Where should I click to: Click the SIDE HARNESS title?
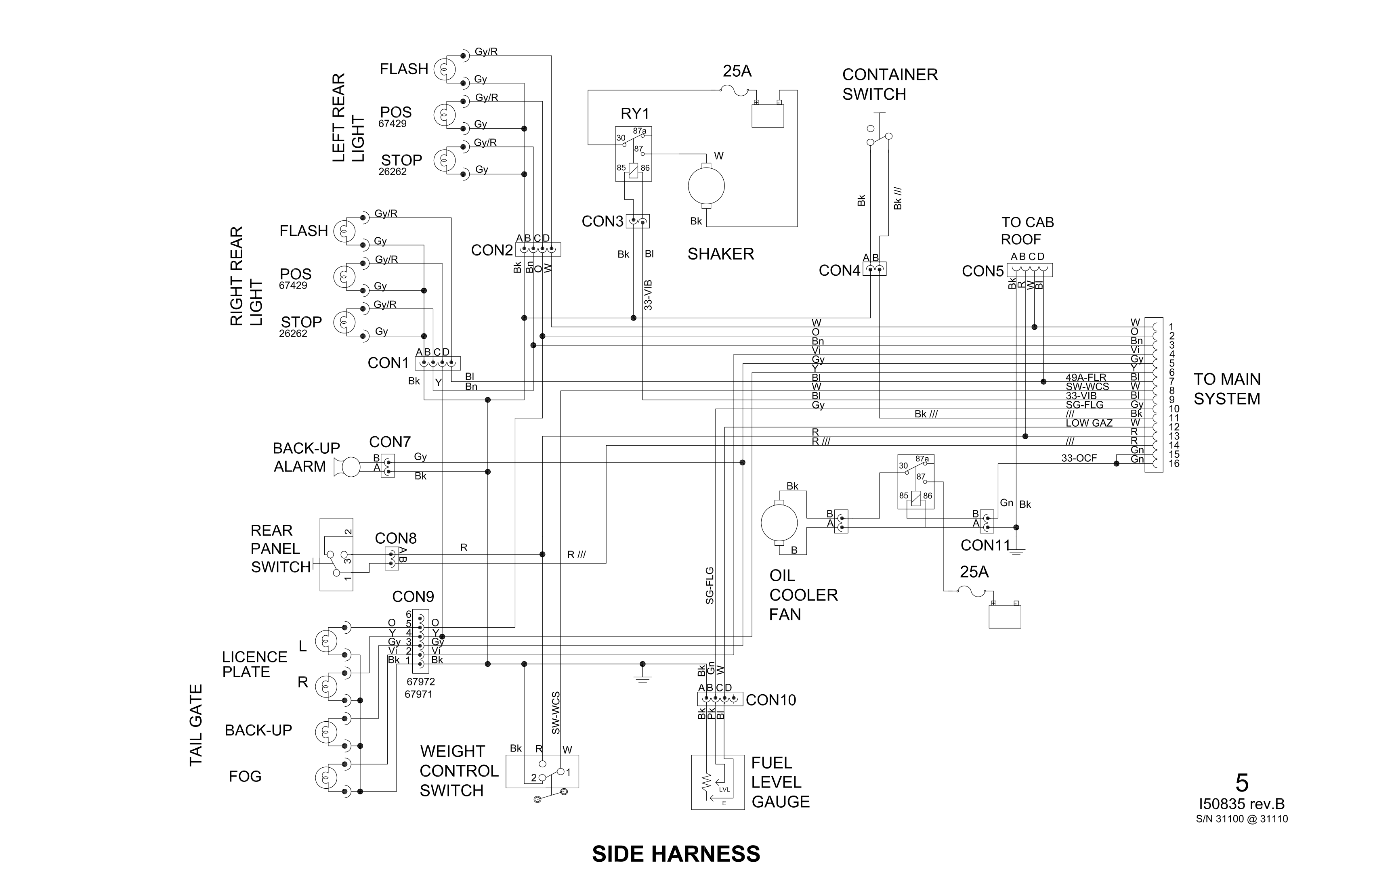click(x=676, y=854)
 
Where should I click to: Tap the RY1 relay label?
click(x=634, y=113)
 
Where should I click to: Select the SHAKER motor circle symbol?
click(x=706, y=186)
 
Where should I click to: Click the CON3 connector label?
click(x=602, y=222)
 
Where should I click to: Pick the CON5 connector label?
click(x=983, y=271)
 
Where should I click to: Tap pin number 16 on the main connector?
click(x=1174, y=464)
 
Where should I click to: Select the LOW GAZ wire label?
click(x=1089, y=423)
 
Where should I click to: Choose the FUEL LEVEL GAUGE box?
click(x=718, y=782)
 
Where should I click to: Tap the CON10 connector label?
click(x=771, y=700)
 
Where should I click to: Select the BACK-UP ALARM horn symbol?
click(x=348, y=467)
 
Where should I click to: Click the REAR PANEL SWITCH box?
click(x=336, y=554)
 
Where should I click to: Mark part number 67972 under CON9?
click(x=420, y=682)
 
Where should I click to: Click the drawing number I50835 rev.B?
click(x=1241, y=804)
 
